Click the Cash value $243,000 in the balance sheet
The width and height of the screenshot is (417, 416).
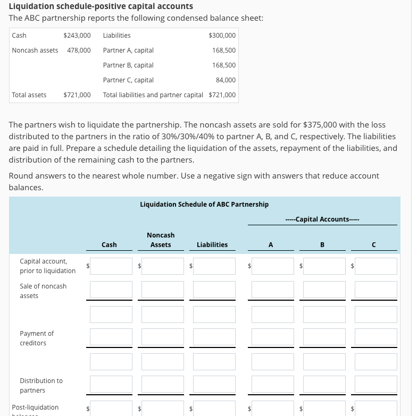[x=77, y=36]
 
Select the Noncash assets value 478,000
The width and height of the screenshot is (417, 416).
[x=79, y=50]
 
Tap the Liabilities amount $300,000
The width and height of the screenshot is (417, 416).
[x=222, y=36]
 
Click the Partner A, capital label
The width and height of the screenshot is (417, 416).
[x=128, y=50]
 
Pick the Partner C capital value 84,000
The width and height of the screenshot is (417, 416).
[x=226, y=80]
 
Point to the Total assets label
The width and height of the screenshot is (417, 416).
[x=29, y=95]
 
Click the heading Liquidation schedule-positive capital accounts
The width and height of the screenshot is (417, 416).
[x=101, y=6]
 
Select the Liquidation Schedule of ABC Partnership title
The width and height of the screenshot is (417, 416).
[x=204, y=204]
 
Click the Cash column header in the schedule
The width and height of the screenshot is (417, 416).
[x=109, y=245]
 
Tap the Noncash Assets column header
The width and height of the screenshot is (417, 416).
[x=161, y=240]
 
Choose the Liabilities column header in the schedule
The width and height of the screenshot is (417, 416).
[x=212, y=245]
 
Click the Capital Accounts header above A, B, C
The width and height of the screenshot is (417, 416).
[x=322, y=219]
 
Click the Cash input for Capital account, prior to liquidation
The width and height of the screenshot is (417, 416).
[x=111, y=266]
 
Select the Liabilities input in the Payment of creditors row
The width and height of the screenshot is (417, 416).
[x=214, y=337]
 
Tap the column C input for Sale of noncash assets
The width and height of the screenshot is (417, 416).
[x=376, y=290]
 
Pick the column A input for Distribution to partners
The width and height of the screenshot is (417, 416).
[x=272, y=384]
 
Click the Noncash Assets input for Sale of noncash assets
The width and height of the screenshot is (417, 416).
[x=163, y=290]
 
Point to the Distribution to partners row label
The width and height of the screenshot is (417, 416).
[x=41, y=385]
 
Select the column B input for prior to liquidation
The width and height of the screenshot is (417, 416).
[x=324, y=266]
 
